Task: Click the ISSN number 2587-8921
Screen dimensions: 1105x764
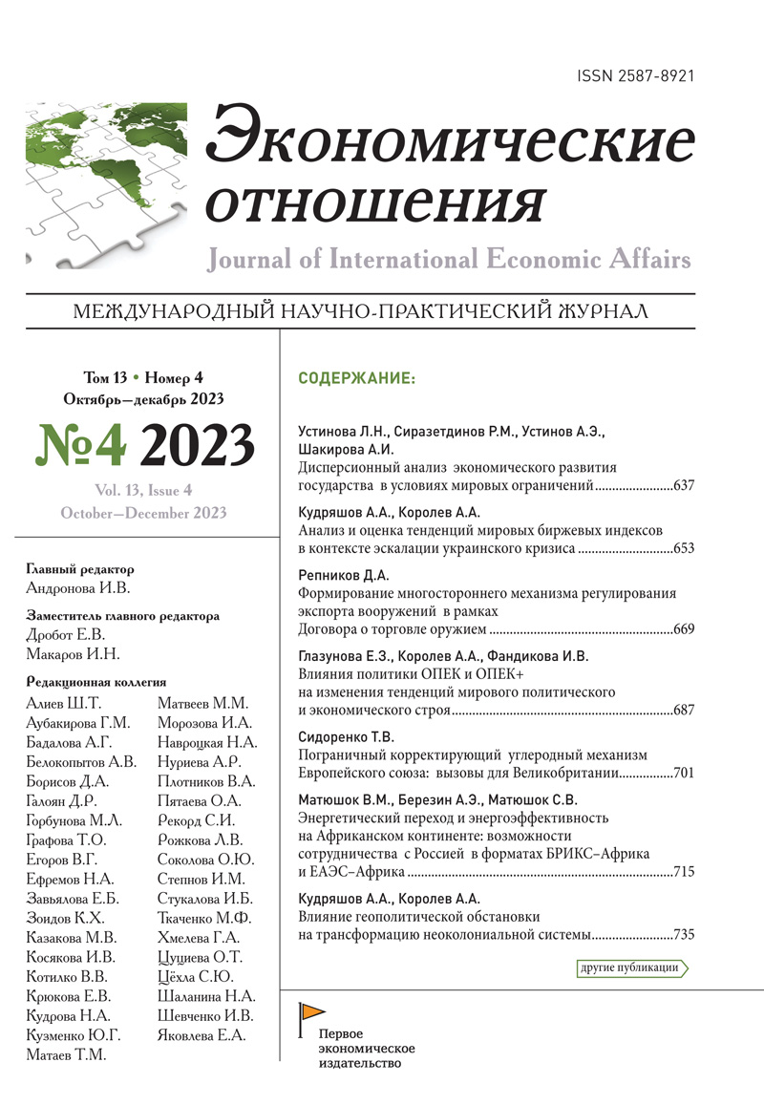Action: [x=634, y=75]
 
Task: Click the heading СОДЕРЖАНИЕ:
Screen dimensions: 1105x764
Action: [x=357, y=379]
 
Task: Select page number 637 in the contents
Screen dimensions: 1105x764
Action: [x=684, y=486]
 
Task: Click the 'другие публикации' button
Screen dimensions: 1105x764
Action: [x=630, y=967]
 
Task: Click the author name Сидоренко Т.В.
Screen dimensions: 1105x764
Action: [x=347, y=736]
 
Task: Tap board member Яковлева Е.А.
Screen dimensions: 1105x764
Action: [x=201, y=1034]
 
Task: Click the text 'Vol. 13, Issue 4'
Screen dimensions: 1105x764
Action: [x=143, y=491]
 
